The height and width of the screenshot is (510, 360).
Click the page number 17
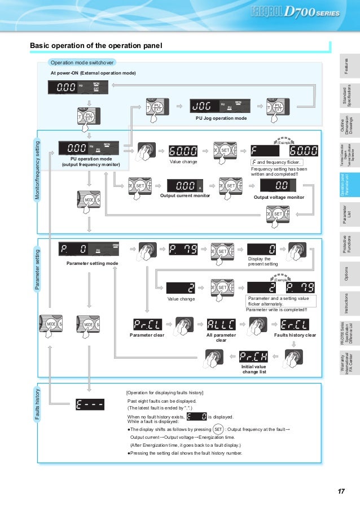tap(341, 491)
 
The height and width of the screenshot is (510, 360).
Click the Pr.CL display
tap(147, 324)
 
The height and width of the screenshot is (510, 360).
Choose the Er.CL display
tap(295, 324)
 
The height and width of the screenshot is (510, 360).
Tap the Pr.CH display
tap(252, 356)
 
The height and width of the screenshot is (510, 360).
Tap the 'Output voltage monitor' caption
tap(278, 197)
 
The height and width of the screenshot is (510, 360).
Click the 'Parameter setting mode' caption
tap(92, 263)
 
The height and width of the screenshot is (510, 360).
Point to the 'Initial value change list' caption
tap(252, 369)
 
